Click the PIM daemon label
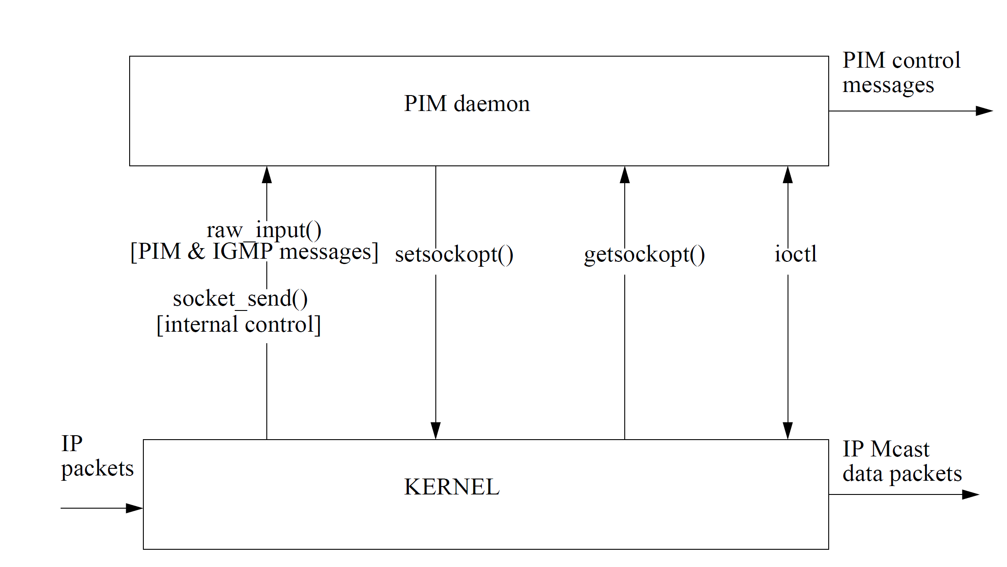pyautogui.click(x=467, y=104)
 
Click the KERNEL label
pyautogui.click(x=452, y=487)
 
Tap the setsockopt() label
pyautogui.click(x=454, y=255)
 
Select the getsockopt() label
pyautogui.click(x=644, y=255)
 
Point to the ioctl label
pyautogui.click(x=796, y=254)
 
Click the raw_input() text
pyautogui.click(x=264, y=230)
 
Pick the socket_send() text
pyautogui.click(x=240, y=299)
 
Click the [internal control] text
pyautogui.click(x=239, y=325)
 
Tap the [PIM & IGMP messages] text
pyautogui.click(x=254, y=252)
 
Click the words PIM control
pyautogui.click(x=901, y=61)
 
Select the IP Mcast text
pyautogui.click(x=886, y=449)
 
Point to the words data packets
pyautogui.click(x=902, y=474)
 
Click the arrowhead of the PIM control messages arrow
pyautogui.click(x=985, y=111)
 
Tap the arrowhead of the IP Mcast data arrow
pyautogui.click(x=971, y=494)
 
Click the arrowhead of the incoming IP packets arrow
pyautogui.click(x=135, y=508)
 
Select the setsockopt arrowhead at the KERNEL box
pyautogui.click(x=436, y=431)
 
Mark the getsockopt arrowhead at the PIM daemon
pyautogui.click(x=625, y=175)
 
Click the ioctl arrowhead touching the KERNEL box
pyautogui.click(x=788, y=431)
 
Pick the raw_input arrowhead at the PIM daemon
pyautogui.click(x=267, y=175)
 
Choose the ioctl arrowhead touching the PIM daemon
pyautogui.click(x=788, y=175)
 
